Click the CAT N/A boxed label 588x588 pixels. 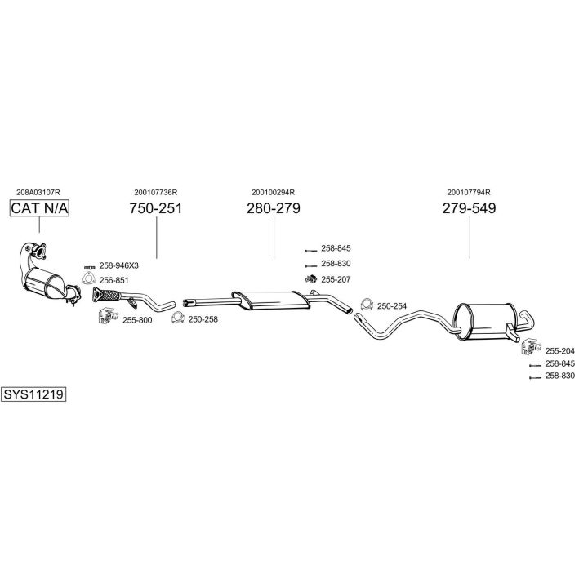[39, 208]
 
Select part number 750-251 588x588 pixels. [156, 208]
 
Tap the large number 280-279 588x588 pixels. [274, 208]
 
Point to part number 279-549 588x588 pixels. [469, 208]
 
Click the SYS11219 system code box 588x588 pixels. [33, 394]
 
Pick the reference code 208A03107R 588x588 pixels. [38, 193]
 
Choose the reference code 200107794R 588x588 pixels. [469, 193]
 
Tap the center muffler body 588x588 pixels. [271, 301]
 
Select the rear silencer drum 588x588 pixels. [483, 322]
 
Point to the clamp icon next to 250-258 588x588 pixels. [178, 318]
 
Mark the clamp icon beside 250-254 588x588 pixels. [367, 305]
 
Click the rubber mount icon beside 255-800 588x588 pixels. [108, 316]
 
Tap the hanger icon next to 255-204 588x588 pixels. [531, 346]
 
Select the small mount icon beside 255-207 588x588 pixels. [311, 279]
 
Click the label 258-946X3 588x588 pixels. [119, 266]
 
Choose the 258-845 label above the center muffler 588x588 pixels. [336, 248]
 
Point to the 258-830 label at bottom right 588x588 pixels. [560, 376]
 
